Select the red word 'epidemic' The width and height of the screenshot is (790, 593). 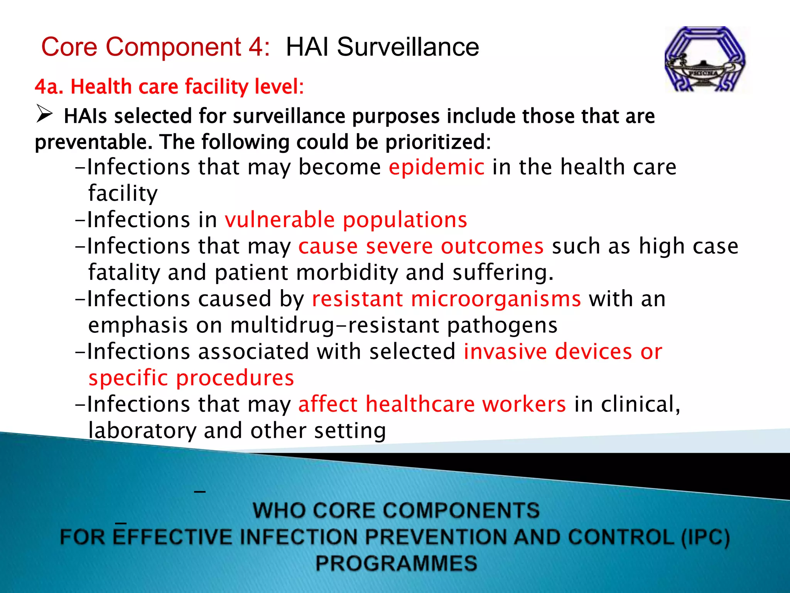pos(436,167)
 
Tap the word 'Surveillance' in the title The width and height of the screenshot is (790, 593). pos(408,47)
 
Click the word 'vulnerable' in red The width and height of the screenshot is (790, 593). pos(280,220)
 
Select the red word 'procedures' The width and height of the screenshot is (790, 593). pos(235,378)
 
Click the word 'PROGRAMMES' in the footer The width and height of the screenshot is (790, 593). pos(396,563)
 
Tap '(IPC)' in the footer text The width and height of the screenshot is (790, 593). pos(705,537)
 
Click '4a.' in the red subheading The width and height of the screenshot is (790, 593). pos(49,86)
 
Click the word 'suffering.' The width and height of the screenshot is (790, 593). pos(503,273)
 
